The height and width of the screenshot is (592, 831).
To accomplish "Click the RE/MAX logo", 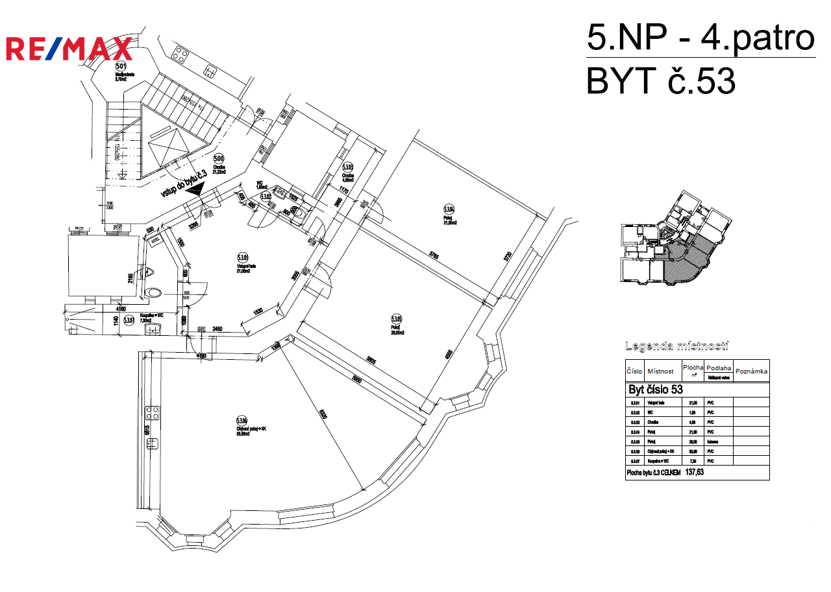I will (69, 49).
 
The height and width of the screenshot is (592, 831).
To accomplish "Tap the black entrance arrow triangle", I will (195, 188).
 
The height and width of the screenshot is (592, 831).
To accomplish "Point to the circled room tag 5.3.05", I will (397, 319).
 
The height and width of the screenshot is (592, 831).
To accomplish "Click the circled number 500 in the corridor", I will (219, 159).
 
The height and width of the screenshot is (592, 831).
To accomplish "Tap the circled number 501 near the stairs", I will (121, 65).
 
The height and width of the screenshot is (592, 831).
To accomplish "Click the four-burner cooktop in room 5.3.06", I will (153, 412).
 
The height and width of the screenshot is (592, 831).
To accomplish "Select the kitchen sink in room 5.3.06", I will (153, 444).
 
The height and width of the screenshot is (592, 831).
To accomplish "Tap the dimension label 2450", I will (218, 329).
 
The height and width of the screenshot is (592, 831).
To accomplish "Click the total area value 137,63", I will (695, 473).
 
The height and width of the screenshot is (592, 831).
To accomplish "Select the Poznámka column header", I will (751, 372).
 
